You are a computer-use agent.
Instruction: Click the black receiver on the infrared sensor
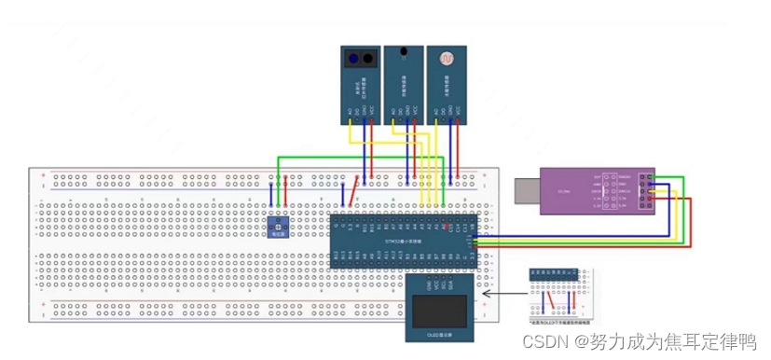[x=370, y=60]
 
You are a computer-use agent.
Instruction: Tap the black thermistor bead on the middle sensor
[x=402, y=52]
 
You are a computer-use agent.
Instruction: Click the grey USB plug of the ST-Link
[x=526, y=191]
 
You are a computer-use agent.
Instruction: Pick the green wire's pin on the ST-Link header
[x=651, y=176]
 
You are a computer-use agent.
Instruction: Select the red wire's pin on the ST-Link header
[x=651, y=197]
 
